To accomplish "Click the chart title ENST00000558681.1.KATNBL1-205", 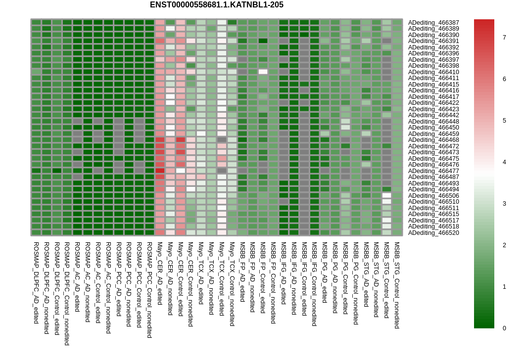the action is pyautogui.click(x=217, y=5).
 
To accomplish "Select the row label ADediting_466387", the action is pyautogui.click(x=433, y=23).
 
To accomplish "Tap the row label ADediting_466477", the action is pyautogui.click(x=433, y=171).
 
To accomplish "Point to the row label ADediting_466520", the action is pyautogui.click(x=433, y=233).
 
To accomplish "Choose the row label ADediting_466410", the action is pyautogui.click(x=433, y=72).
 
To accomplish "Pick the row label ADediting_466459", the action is pyautogui.click(x=433, y=134).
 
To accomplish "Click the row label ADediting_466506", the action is pyautogui.click(x=433, y=196).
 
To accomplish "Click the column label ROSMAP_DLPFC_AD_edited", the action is pyautogui.click(x=37, y=283).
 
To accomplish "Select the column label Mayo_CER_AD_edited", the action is pyautogui.click(x=160, y=273).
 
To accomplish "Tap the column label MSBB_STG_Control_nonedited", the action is pyautogui.click(x=397, y=285).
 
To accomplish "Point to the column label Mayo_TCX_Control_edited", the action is pyautogui.click(x=222, y=279).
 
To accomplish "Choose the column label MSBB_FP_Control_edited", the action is pyautogui.click(x=263, y=278).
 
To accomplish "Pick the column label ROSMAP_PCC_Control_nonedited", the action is pyautogui.click(x=150, y=290).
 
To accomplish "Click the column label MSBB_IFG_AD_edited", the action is pyautogui.click(x=284, y=273).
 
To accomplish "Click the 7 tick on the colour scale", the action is pyautogui.click(x=504, y=38).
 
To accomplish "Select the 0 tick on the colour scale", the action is pyautogui.click(x=504, y=328).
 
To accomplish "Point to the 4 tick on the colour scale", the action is pyautogui.click(x=504, y=162).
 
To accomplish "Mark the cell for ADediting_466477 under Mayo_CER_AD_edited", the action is pyautogui.click(x=160, y=171).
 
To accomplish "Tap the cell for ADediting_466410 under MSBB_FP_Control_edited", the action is pyautogui.click(x=263, y=72).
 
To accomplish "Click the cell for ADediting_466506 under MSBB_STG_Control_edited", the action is pyautogui.click(x=386, y=195).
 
